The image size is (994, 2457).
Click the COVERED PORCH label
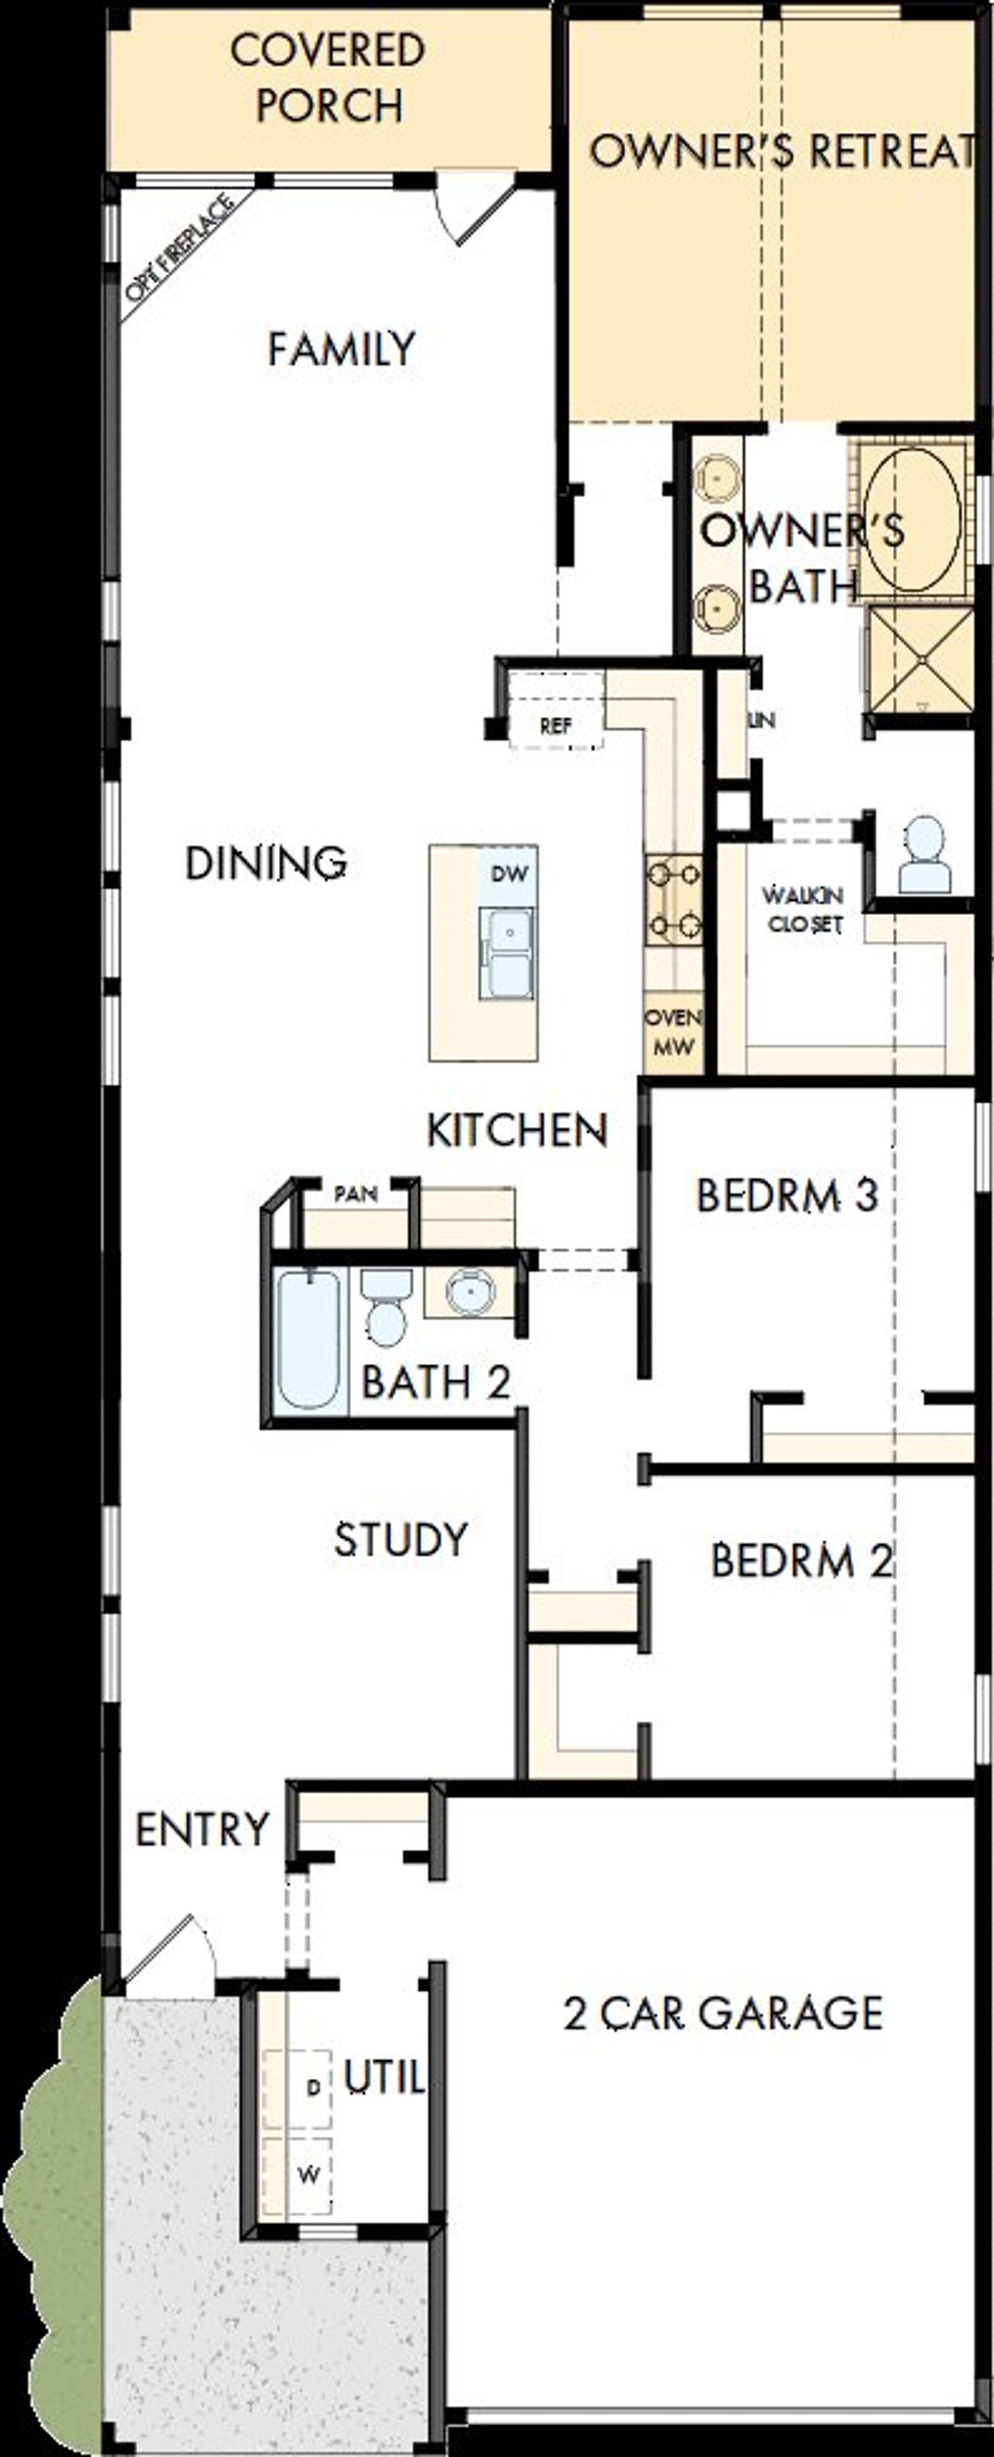327,77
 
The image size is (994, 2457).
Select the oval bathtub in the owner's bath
911,519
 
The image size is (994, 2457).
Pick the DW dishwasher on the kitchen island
509,874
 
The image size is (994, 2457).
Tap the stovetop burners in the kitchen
673,900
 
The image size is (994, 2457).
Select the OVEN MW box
673,1031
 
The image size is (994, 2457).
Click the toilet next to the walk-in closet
923,855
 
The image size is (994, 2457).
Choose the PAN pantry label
356,1193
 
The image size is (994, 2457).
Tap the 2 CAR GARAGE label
723,2013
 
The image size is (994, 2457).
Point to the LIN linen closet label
760,720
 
